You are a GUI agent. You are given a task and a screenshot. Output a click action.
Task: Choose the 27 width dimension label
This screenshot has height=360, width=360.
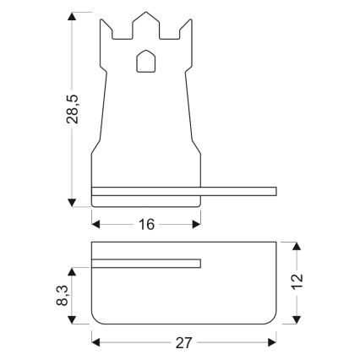[183, 342]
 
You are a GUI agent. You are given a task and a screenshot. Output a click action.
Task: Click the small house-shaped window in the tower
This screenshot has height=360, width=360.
[146, 62]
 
